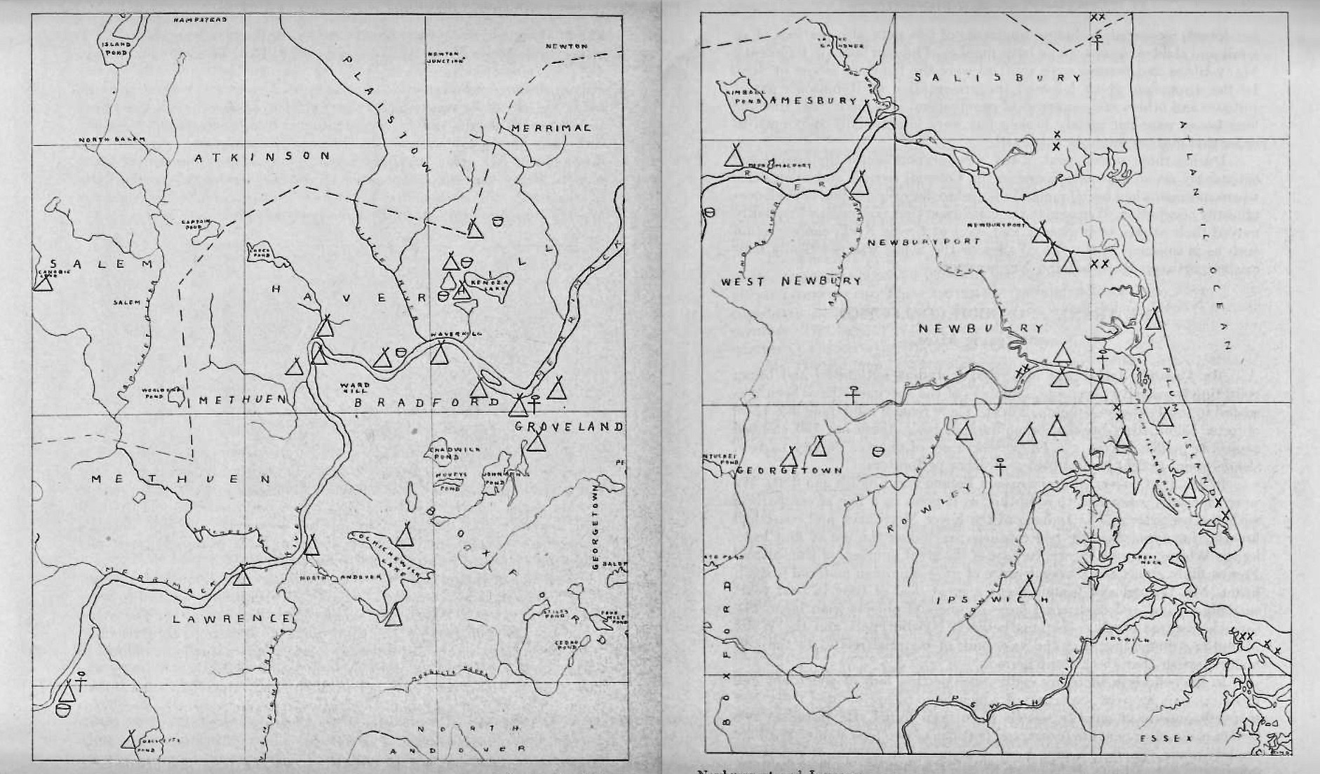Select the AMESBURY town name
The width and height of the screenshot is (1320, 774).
click(x=813, y=101)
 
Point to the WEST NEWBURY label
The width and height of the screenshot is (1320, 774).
click(x=791, y=281)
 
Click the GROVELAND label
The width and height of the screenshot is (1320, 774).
click(x=569, y=426)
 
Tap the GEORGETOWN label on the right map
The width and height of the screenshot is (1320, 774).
click(x=788, y=471)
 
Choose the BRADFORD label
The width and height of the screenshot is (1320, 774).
click(x=427, y=402)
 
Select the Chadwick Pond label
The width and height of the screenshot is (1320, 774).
click(x=443, y=453)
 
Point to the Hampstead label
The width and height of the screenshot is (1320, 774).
click(x=200, y=20)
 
